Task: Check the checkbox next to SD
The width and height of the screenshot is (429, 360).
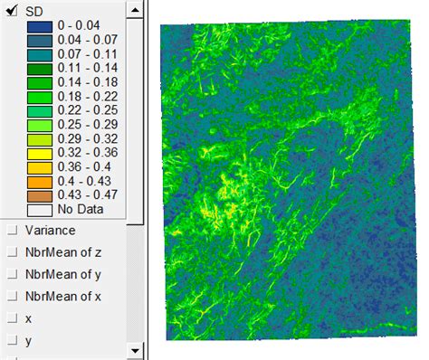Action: click(x=12, y=9)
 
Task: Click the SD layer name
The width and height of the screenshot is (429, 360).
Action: click(x=34, y=10)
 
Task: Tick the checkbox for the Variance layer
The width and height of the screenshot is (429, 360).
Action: click(x=12, y=231)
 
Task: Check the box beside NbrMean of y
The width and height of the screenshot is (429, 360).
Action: click(x=12, y=274)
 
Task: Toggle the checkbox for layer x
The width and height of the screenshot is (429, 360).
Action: click(x=12, y=317)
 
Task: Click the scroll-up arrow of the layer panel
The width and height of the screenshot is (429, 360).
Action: click(x=134, y=7)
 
